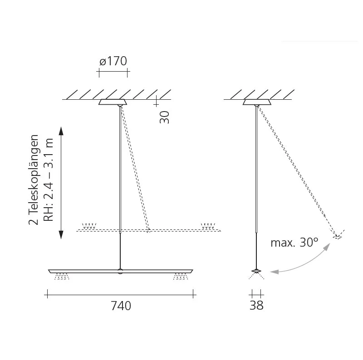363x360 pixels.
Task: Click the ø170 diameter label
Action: click(x=113, y=61)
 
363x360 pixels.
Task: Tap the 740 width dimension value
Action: click(x=121, y=306)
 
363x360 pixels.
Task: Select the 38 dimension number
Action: click(x=256, y=306)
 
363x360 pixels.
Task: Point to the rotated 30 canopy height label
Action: click(x=164, y=117)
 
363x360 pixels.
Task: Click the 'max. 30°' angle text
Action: click(x=294, y=243)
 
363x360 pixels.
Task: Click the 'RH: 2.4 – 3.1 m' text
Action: click(x=49, y=180)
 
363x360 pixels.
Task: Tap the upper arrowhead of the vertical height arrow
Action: click(x=61, y=131)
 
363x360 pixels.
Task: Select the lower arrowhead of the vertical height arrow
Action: click(x=61, y=234)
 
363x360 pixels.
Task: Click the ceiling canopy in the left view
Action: click(x=113, y=102)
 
